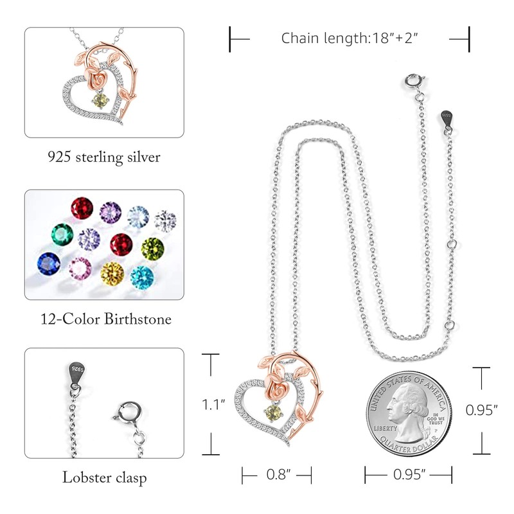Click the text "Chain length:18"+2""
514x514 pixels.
tap(350, 38)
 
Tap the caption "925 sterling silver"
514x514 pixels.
tap(104, 156)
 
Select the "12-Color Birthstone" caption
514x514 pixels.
tap(104, 318)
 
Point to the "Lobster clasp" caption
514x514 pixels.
tap(104, 477)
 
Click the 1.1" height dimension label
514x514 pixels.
tap(213, 405)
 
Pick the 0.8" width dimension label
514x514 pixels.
tap(276, 475)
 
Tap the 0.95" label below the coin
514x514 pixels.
tap(408, 475)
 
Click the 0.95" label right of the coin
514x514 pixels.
tap(482, 409)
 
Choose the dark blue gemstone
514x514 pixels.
tap(48, 263)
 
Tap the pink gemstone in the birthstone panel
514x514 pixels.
tap(80, 269)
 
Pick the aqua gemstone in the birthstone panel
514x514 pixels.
tap(143, 276)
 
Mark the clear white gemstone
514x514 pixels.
tap(164, 219)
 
